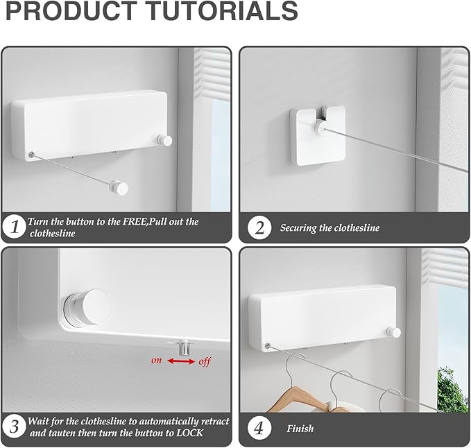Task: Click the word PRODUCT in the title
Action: tap(71, 11)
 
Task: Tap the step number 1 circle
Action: tap(14, 227)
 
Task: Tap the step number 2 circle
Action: tap(259, 228)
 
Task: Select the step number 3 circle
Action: tap(14, 427)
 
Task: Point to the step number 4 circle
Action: tap(259, 428)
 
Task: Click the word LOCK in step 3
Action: tap(189, 433)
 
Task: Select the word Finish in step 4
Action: tap(300, 429)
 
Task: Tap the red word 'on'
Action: tap(156, 360)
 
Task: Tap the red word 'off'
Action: tap(204, 361)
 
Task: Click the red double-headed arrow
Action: tap(181, 361)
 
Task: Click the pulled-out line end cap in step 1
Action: tap(119, 188)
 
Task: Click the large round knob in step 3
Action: tap(87, 308)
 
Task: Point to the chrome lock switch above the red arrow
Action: tap(184, 347)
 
